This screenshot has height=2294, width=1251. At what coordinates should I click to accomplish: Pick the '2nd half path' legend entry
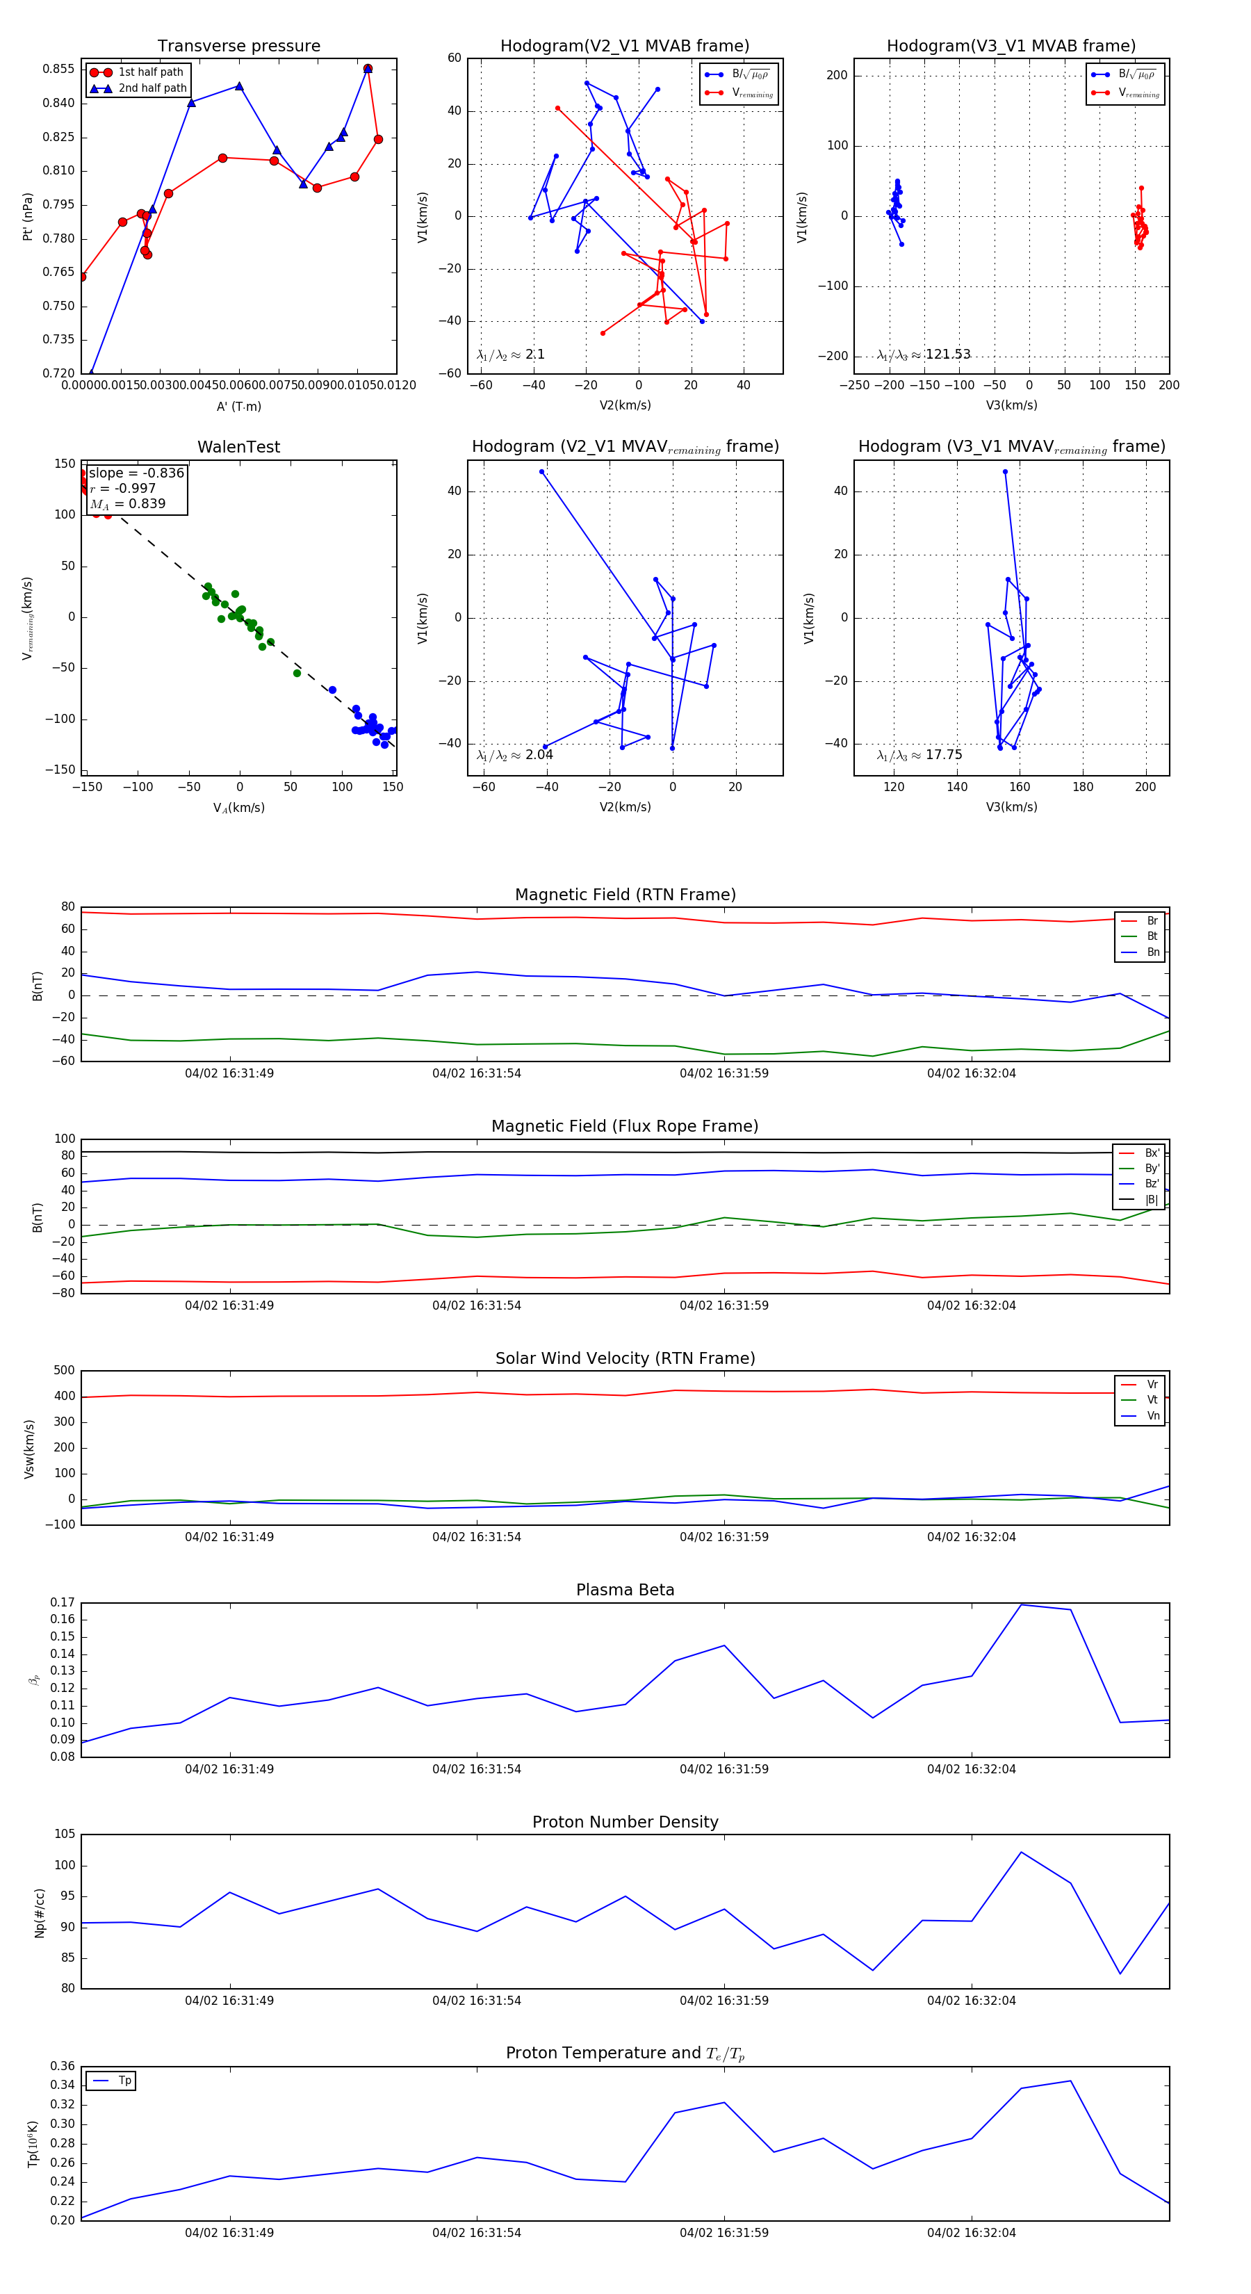click(152, 88)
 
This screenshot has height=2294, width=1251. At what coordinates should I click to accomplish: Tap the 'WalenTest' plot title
click(238, 447)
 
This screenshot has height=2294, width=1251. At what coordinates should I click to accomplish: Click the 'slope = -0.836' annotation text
click(136, 473)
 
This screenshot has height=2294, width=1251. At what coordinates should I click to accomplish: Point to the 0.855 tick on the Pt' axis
click(59, 70)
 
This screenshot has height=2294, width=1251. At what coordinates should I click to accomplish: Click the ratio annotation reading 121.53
click(947, 355)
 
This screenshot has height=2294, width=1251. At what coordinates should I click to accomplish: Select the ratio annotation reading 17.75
click(943, 755)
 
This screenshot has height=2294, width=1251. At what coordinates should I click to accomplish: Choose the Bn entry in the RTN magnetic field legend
click(1152, 952)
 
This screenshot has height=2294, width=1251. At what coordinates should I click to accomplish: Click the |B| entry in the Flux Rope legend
click(1152, 1200)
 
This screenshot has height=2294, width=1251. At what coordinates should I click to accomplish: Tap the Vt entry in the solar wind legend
click(1152, 1400)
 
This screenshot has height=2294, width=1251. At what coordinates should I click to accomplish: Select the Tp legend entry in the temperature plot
click(124, 2081)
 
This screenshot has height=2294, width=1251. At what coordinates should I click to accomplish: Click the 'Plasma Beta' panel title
click(625, 1591)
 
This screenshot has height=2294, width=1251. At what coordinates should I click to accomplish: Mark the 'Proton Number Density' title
click(625, 1822)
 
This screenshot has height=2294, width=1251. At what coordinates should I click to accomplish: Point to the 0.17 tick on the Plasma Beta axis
click(63, 1603)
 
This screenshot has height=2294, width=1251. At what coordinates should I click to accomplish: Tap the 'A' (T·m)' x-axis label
click(238, 407)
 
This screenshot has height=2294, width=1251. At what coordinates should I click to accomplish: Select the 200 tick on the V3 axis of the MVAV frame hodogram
click(1145, 787)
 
